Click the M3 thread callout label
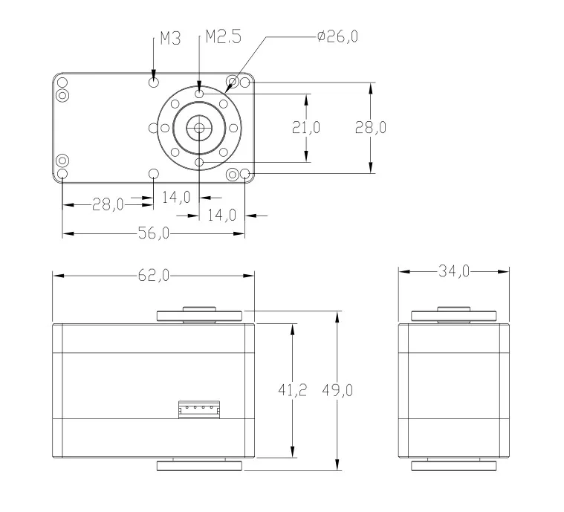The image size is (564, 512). click(170, 39)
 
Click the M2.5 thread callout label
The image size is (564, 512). click(223, 37)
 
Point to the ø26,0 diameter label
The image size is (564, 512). click(337, 36)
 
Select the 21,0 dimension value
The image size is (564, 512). click(305, 127)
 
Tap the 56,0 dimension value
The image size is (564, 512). click(154, 233)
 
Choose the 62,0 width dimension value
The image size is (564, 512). click(153, 275)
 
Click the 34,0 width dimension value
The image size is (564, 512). click(454, 272)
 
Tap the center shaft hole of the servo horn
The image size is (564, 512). click(199, 127)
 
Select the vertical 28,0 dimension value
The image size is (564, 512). click(369, 127)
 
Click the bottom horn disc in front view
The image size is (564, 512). click(199, 466)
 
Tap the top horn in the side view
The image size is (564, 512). click(453, 314)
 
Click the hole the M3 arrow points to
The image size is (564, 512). click(154, 81)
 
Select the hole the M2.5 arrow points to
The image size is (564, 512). click(199, 94)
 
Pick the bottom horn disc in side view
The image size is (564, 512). click(453, 466)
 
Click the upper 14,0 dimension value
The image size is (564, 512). click(176, 197)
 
